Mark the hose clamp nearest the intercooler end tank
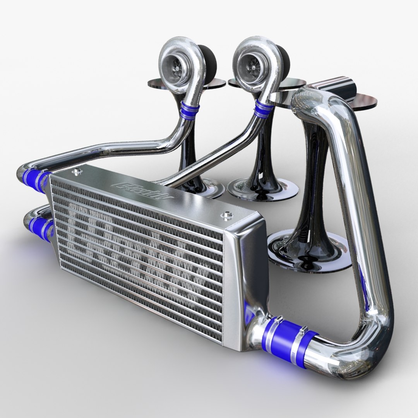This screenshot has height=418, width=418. (273, 327)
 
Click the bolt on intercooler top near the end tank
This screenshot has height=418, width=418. (226, 215)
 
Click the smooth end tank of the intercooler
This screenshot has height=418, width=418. (246, 271)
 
